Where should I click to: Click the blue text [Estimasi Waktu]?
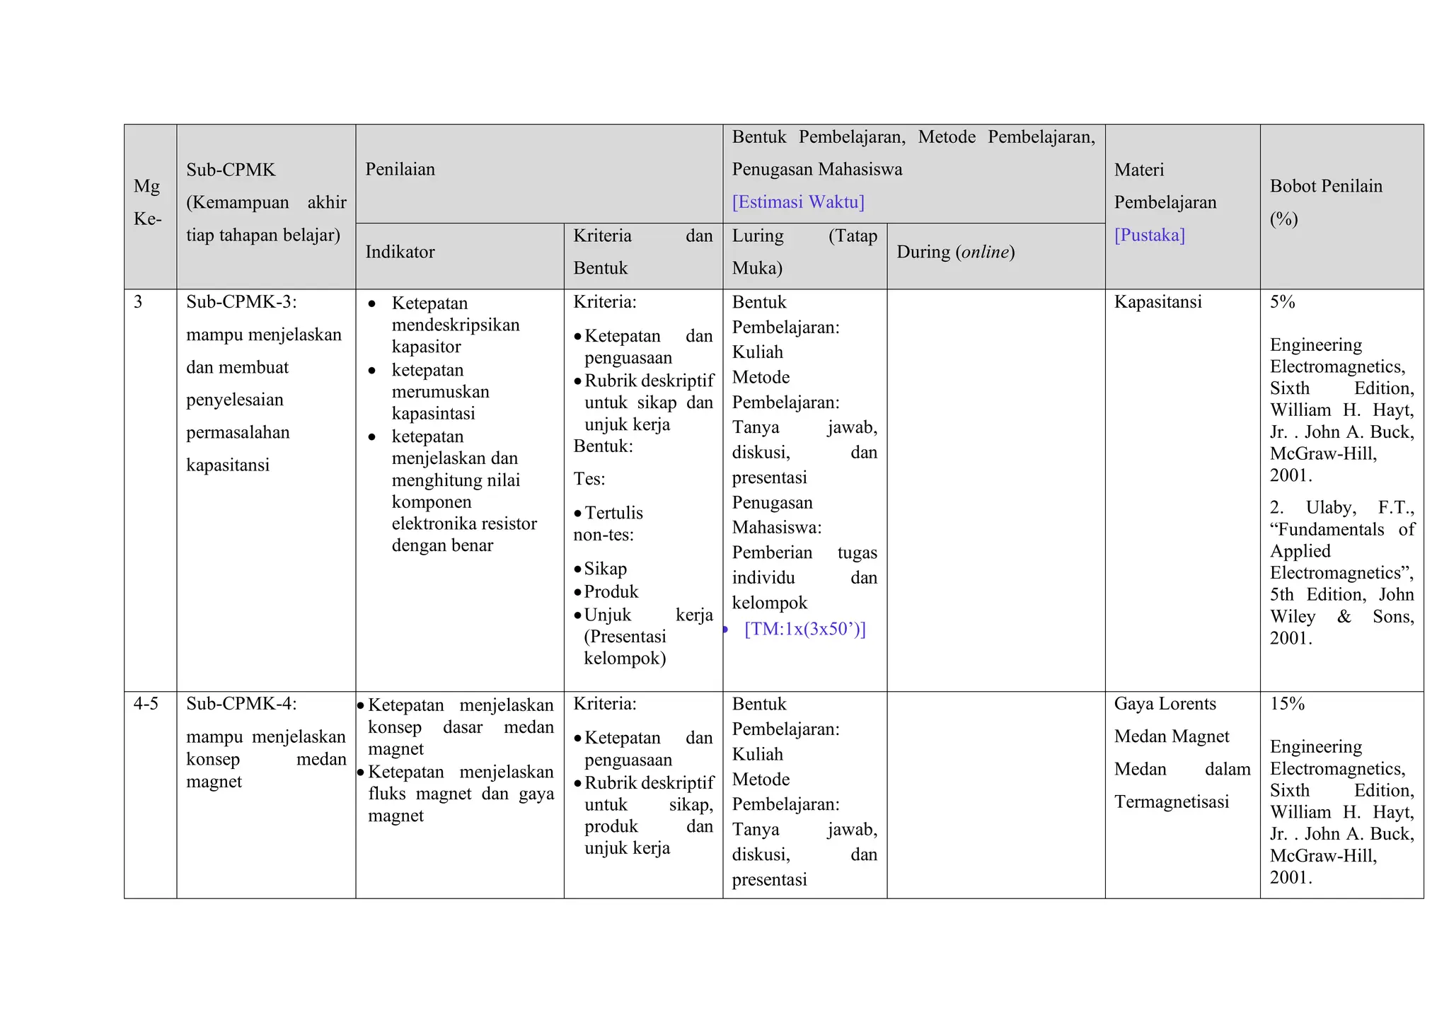tap(797, 202)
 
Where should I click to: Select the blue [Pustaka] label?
tap(1149, 235)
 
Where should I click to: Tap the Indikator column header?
tap(400, 252)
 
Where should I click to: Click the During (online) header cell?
tap(955, 252)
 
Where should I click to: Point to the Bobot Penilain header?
tap(1325, 187)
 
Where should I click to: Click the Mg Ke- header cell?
tap(148, 202)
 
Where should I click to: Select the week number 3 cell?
tap(138, 302)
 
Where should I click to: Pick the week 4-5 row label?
tap(146, 704)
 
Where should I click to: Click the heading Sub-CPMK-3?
tap(241, 302)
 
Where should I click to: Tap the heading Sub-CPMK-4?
tap(241, 704)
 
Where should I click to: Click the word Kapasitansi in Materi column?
tap(1158, 302)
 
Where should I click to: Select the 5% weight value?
tap(1282, 302)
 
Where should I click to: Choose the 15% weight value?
tap(1286, 704)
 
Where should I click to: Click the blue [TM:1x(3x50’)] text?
tap(804, 629)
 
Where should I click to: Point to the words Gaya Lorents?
tap(1165, 704)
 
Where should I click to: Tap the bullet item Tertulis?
tap(613, 513)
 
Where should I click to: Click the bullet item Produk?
tap(611, 591)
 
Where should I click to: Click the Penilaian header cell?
tap(400, 170)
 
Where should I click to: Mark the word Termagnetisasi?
tap(1171, 801)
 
